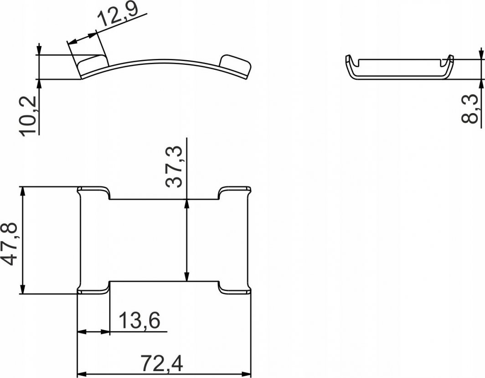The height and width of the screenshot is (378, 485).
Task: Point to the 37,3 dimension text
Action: coord(174,167)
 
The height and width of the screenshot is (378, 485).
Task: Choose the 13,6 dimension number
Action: coord(139,321)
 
